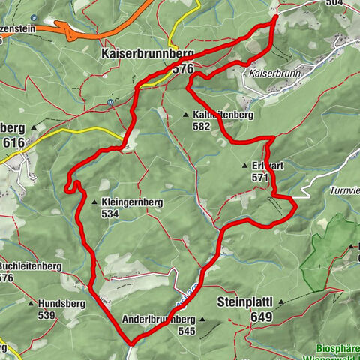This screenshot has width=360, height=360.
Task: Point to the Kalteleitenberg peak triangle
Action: pyautogui.click(x=186, y=115)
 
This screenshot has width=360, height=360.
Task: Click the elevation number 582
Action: pyautogui.click(x=200, y=127)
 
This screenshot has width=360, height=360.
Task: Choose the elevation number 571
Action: pyautogui.click(x=260, y=178)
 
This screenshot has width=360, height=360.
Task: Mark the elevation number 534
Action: pyautogui.click(x=110, y=214)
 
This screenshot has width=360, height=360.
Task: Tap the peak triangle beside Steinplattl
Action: pyautogui.click(x=281, y=302)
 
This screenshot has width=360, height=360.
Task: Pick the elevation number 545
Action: pyautogui.click(x=187, y=331)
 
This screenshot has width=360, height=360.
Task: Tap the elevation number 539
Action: pyautogui.click(x=46, y=315)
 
